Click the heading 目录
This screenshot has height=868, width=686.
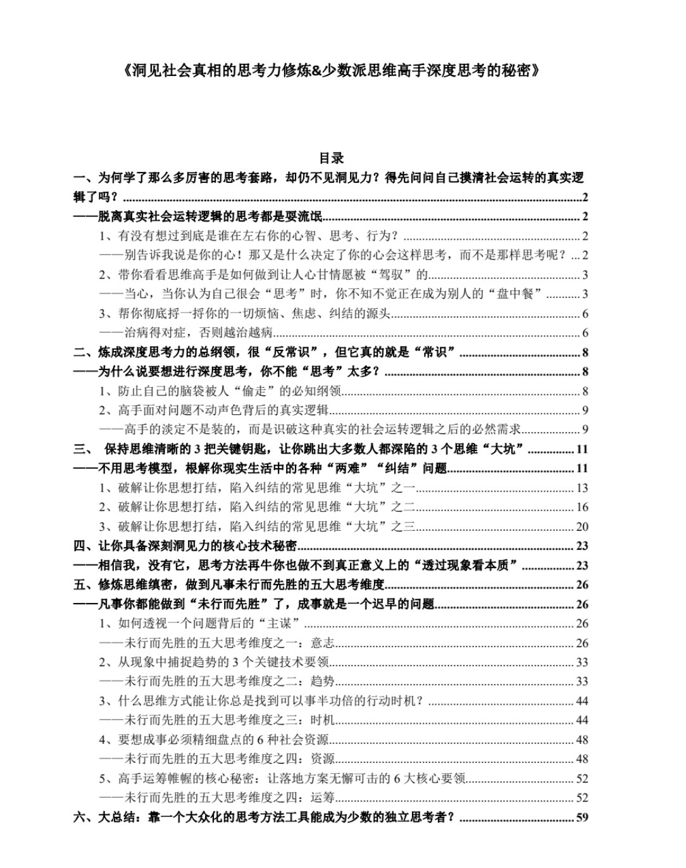click(331, 158)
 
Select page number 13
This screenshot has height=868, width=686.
click(582, 488)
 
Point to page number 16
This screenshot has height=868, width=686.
click(582, 507)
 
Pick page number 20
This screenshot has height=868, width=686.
click(582, 526)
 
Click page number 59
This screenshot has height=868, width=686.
click(582, 817)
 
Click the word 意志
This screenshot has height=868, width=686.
click(322, 643)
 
